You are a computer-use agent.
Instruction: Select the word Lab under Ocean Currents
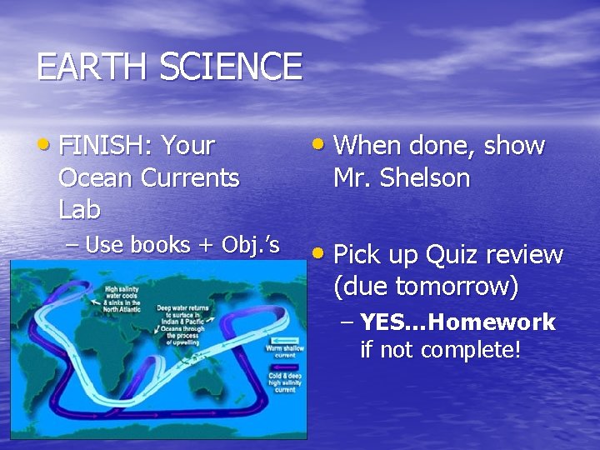coord(79,209)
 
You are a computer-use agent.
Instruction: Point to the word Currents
coord(190,177)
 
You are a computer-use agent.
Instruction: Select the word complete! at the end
coord(471,350)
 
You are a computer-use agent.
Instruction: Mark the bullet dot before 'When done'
coord(319,145)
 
